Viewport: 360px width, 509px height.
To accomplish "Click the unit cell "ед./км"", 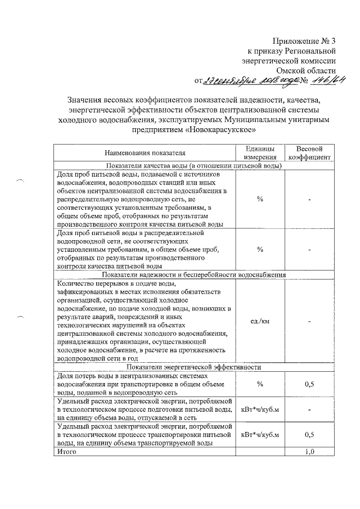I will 260,321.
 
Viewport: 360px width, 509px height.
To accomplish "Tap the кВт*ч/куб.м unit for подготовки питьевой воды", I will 260,409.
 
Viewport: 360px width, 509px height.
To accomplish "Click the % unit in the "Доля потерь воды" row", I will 260,384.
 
